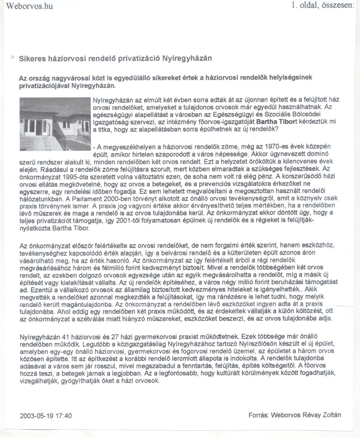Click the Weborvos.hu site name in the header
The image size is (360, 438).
tap(30, 6)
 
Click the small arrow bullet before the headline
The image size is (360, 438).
tap(13, 57)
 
